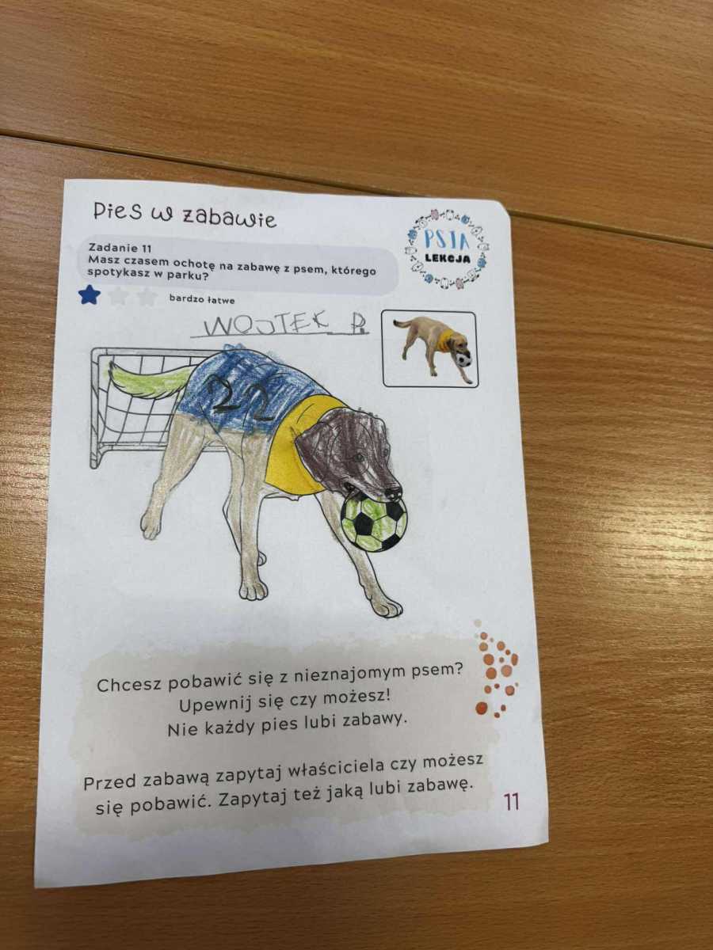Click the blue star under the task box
tap(90, 294)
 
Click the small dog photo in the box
tap(435, 348)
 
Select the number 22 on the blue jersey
tap(245, 397)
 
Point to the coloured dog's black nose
tap(392, 492)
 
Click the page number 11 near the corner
tap(511, 801)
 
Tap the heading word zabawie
tap(228, 218)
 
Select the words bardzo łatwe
tap(202, 298)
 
